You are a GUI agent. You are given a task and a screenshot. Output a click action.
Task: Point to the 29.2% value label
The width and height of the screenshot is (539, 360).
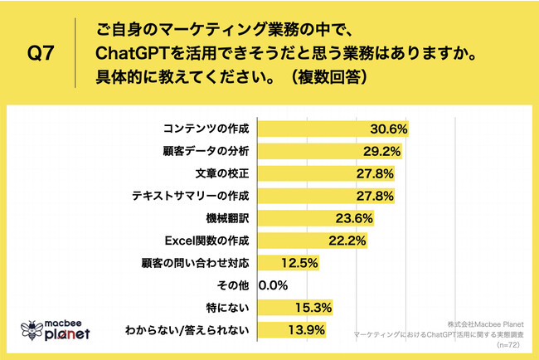coord(381,152)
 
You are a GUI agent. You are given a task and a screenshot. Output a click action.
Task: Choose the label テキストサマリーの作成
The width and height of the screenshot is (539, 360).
coord(191,197)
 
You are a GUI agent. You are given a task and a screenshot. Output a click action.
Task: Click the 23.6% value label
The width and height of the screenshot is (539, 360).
coord(355,219)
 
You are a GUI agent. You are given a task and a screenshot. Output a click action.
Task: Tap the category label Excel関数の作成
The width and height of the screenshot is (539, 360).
coord(203,241)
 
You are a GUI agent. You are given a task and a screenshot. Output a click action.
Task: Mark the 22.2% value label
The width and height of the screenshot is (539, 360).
coord(348,241)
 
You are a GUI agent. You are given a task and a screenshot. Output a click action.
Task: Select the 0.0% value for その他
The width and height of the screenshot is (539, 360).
coord(274,286)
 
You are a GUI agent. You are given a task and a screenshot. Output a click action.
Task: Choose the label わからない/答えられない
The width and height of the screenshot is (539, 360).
coord(187,331)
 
